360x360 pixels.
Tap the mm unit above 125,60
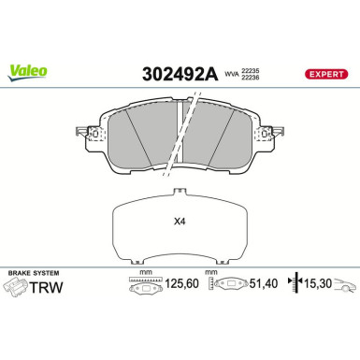[145, 273]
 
